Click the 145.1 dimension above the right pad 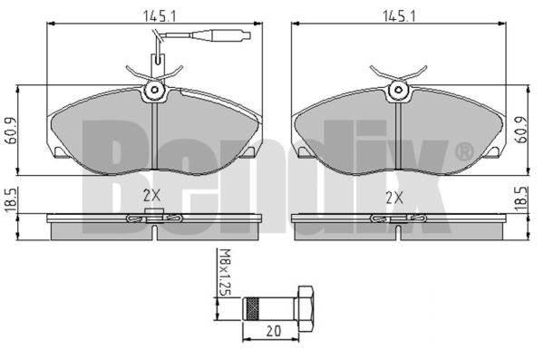coord(399,16)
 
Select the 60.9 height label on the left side coord(12,131)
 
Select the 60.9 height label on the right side coord(521,130)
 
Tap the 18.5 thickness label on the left coord(12,200)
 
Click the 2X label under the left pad coord(152,197)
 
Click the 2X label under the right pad coord(394,199)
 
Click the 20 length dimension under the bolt coord(274,331)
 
